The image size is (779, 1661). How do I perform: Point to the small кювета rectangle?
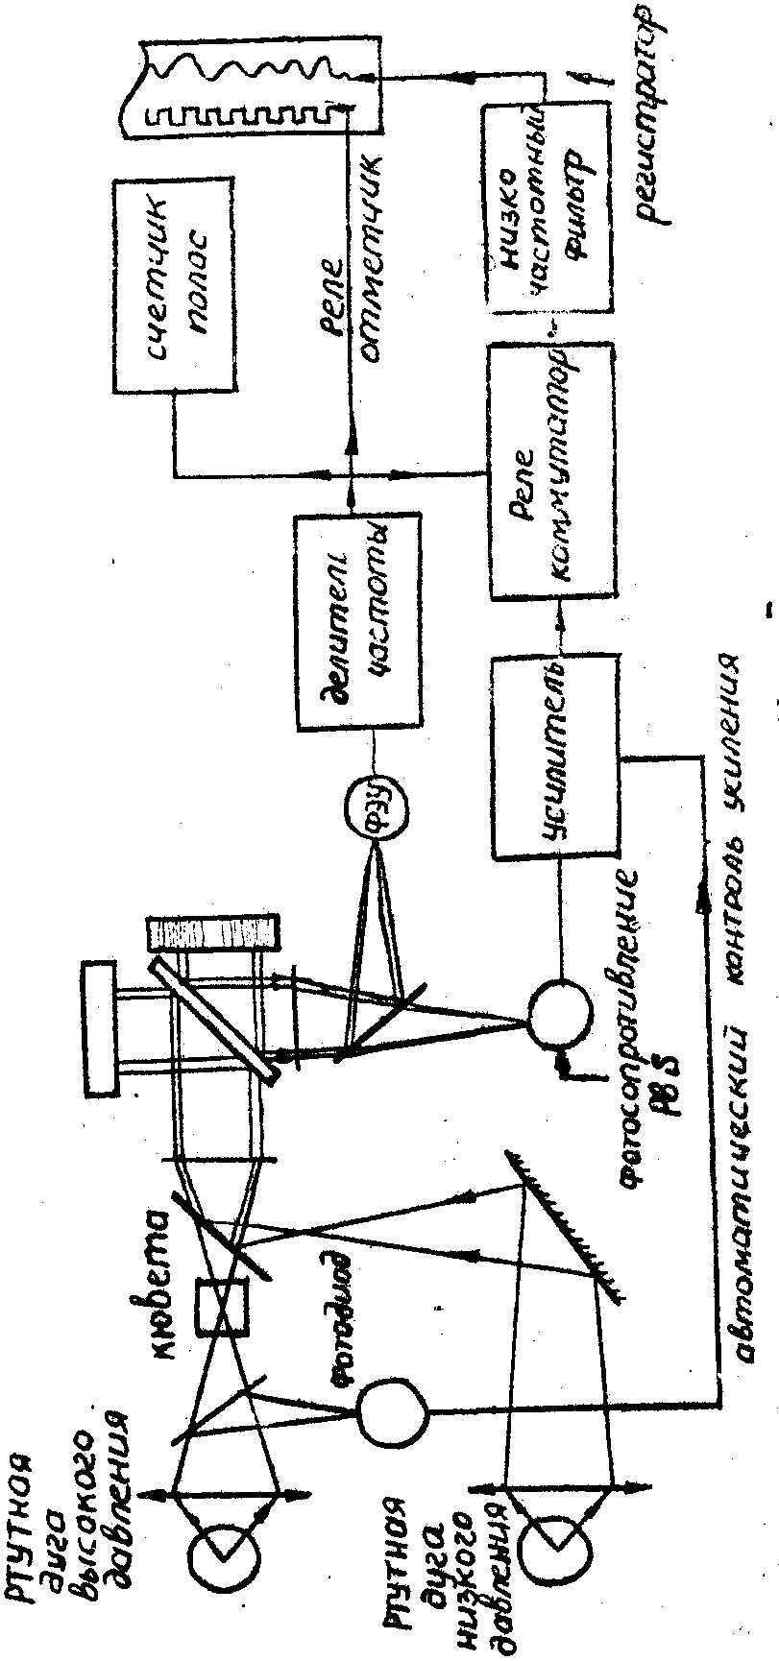tap(222, 1307)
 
